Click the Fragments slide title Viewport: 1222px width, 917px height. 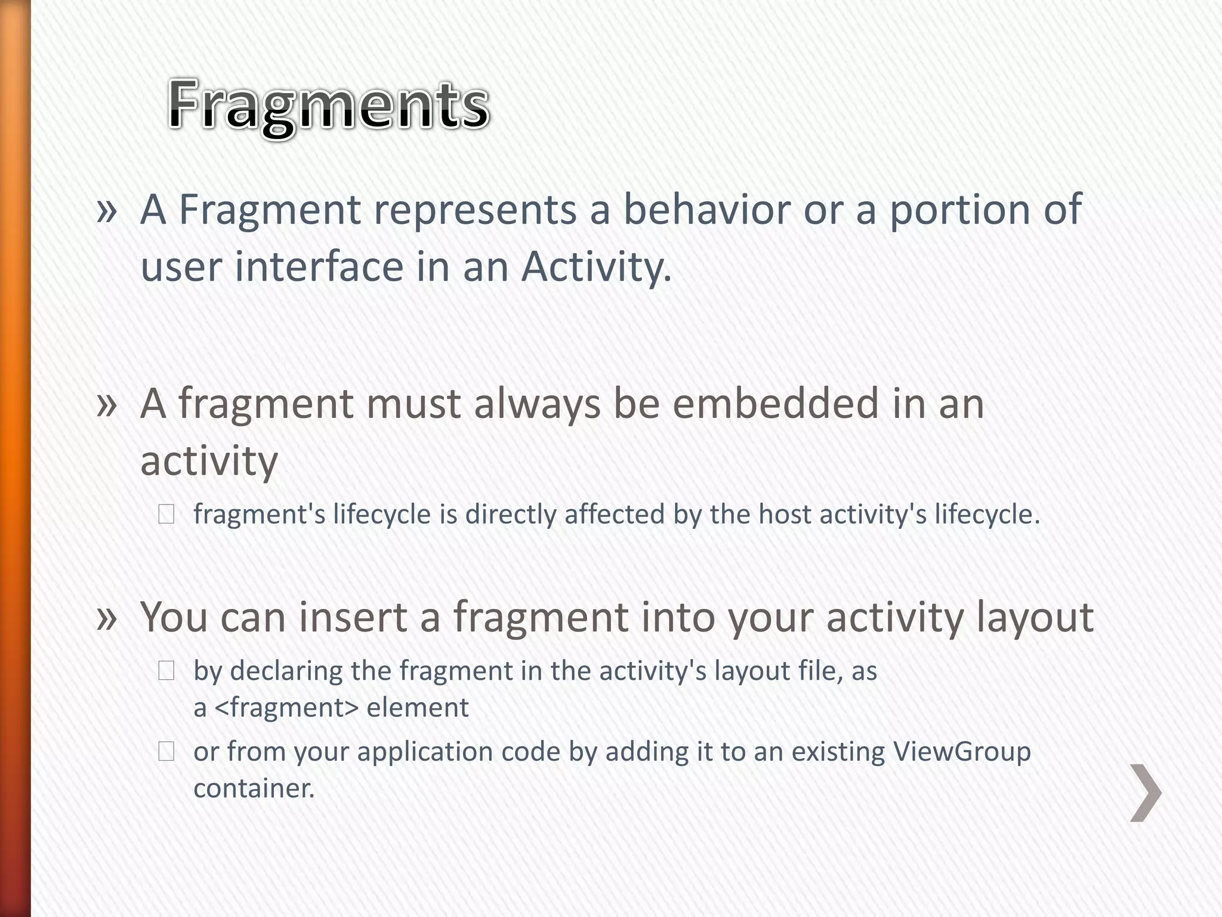point(328,106)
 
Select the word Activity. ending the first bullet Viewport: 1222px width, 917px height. point(596,267)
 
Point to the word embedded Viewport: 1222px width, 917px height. point(775,404)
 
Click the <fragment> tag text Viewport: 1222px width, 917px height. point(286,708)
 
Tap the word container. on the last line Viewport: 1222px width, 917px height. point(254,789)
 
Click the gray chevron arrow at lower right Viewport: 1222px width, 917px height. point(1146,793)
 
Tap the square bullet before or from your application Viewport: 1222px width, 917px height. point(166,752)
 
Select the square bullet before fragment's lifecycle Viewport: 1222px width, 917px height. point(166,515)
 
